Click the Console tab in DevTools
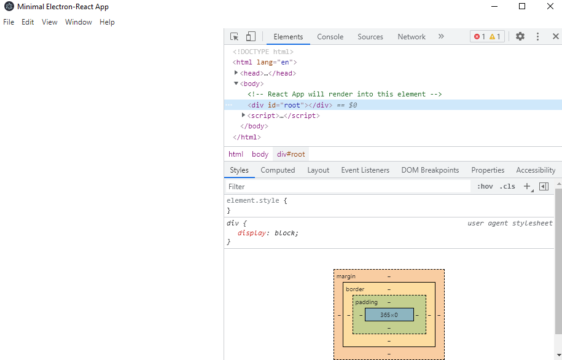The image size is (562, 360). pyautogui.click(x=330, y=37)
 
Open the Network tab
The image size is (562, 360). pyautogui.click(x=412, y=37)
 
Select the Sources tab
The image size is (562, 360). pyautogui.click(x=370, y=37)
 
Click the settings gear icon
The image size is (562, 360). pyautogui.click(x=520, y=36)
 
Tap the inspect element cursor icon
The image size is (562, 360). pyautogui.click(x=235, y=37)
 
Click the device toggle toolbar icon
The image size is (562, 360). pyautogui.click(x=251, y=36)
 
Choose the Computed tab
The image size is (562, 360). pyautogui.click(x=278, y=170)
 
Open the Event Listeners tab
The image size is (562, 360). pyautogui.click(x=365, y=170)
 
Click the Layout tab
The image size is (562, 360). pyautogui.click(x=318, y=170)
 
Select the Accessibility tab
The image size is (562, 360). pyautogui.click(x=536, y=170)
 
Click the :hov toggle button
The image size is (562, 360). pyautogui.click(x=485, y=187)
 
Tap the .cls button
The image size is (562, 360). pyautogui.click(x=507, y=187)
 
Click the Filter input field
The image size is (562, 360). pyautogui.click(x=348, y=187)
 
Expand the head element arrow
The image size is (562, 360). pyautogui.click(x=236, y=72)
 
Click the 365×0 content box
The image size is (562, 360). pyautogui.click(x=389, y=315)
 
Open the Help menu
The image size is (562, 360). pyautogui.click(x=107, y=22)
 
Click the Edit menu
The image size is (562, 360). pyautogui.click(x=28, y=22)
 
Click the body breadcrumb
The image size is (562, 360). pyautogui.click(x=260, y=154)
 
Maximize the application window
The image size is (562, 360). pyautogui.click(x=522, y=7)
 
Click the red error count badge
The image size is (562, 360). pyautogui.click(x=480, y=37)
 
